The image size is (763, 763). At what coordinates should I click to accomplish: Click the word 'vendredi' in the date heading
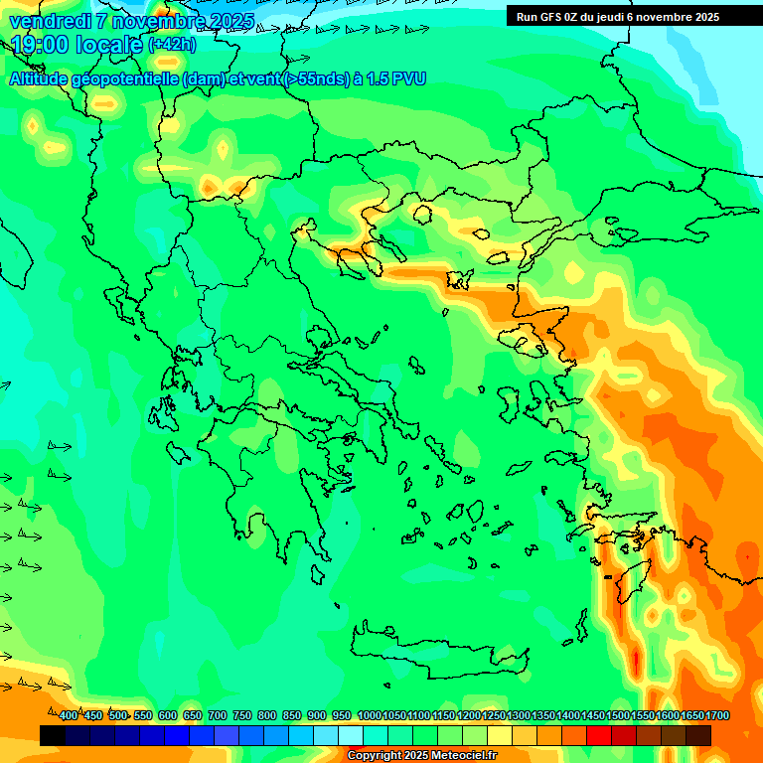point(50,21)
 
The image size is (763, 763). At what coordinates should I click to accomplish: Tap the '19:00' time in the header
point(41,45)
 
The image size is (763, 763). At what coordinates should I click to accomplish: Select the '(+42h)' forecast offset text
point(172,45)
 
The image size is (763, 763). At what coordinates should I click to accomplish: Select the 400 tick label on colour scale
point(68,716)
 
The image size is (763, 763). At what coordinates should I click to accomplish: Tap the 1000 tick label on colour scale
point(369,716)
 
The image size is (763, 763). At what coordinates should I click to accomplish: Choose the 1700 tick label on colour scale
point(717,716)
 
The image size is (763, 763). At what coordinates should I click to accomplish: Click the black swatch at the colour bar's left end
point(53,735)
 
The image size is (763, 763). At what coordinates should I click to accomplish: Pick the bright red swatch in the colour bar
point(599,735)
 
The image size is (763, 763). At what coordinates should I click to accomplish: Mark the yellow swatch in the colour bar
point(500,735)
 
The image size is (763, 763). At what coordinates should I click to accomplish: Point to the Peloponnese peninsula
point(278,477)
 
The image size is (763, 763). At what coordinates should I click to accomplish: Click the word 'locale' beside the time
point(109,45)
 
